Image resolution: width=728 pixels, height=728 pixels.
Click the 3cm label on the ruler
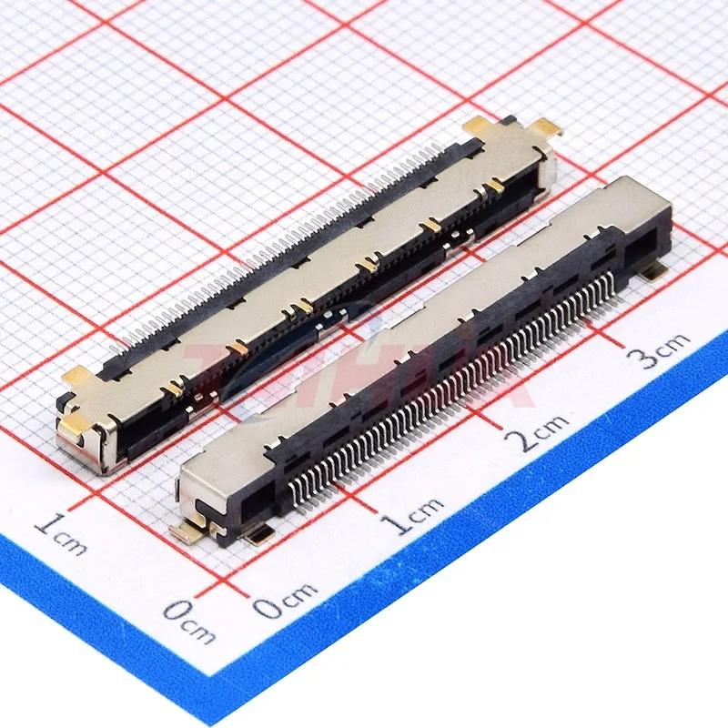[x=662, y=348]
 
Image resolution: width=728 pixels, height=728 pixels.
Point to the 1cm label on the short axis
[x=62, y=534]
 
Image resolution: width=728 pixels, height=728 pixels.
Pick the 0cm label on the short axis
[x=188, y=622]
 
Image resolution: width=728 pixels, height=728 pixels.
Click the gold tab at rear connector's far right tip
[x=546, y=127]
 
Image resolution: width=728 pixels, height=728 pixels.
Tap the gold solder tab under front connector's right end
[x=652, y=269]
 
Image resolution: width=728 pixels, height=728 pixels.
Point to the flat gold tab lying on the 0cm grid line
[x=187, y=528]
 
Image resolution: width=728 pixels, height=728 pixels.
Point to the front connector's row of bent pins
[x=455, y=382]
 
